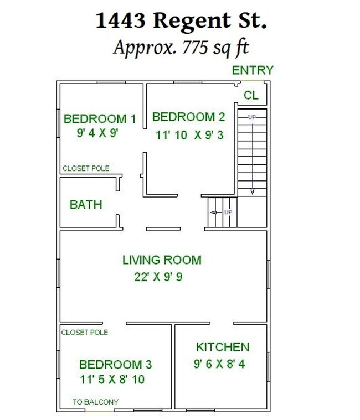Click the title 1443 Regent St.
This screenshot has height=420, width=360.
[x=181, y=21]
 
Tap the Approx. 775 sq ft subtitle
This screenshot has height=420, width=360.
[x=181, y=48]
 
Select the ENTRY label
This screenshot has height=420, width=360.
[x=253, y=70]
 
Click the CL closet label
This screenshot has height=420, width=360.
[x=251, y=95]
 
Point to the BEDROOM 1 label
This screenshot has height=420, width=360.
[x=100, y=118]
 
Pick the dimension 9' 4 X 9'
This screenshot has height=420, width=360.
[x=97, y=133]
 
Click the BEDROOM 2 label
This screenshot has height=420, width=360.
[x=188, y=117]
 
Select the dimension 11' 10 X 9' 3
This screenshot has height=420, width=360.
[x=189, y=135]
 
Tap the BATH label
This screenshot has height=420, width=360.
[x=86, y=205]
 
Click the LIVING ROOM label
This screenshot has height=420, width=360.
[x=162, y=260]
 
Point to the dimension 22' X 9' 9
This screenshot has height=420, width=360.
[x=158, y=277]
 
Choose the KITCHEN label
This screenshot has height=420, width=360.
[x=223, y=347]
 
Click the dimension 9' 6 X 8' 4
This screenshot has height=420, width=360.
[x=219, y=364]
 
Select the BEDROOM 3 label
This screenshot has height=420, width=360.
[x=115, y=365]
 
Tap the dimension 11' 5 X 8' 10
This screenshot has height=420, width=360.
[x=112, y=380]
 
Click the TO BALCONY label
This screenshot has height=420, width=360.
[x=96, y=402]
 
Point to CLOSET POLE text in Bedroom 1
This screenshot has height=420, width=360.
[x=86, y=168]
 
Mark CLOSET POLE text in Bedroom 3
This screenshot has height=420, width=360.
[x=85, y=333]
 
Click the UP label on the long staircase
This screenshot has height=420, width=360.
[x=252, y=117]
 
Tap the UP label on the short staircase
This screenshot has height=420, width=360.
[x=228, y=212]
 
